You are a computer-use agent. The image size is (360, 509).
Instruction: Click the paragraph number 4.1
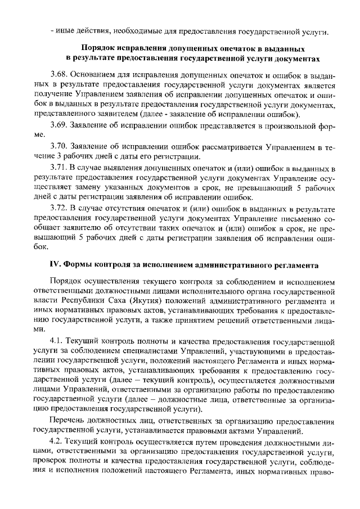(57, 341)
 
